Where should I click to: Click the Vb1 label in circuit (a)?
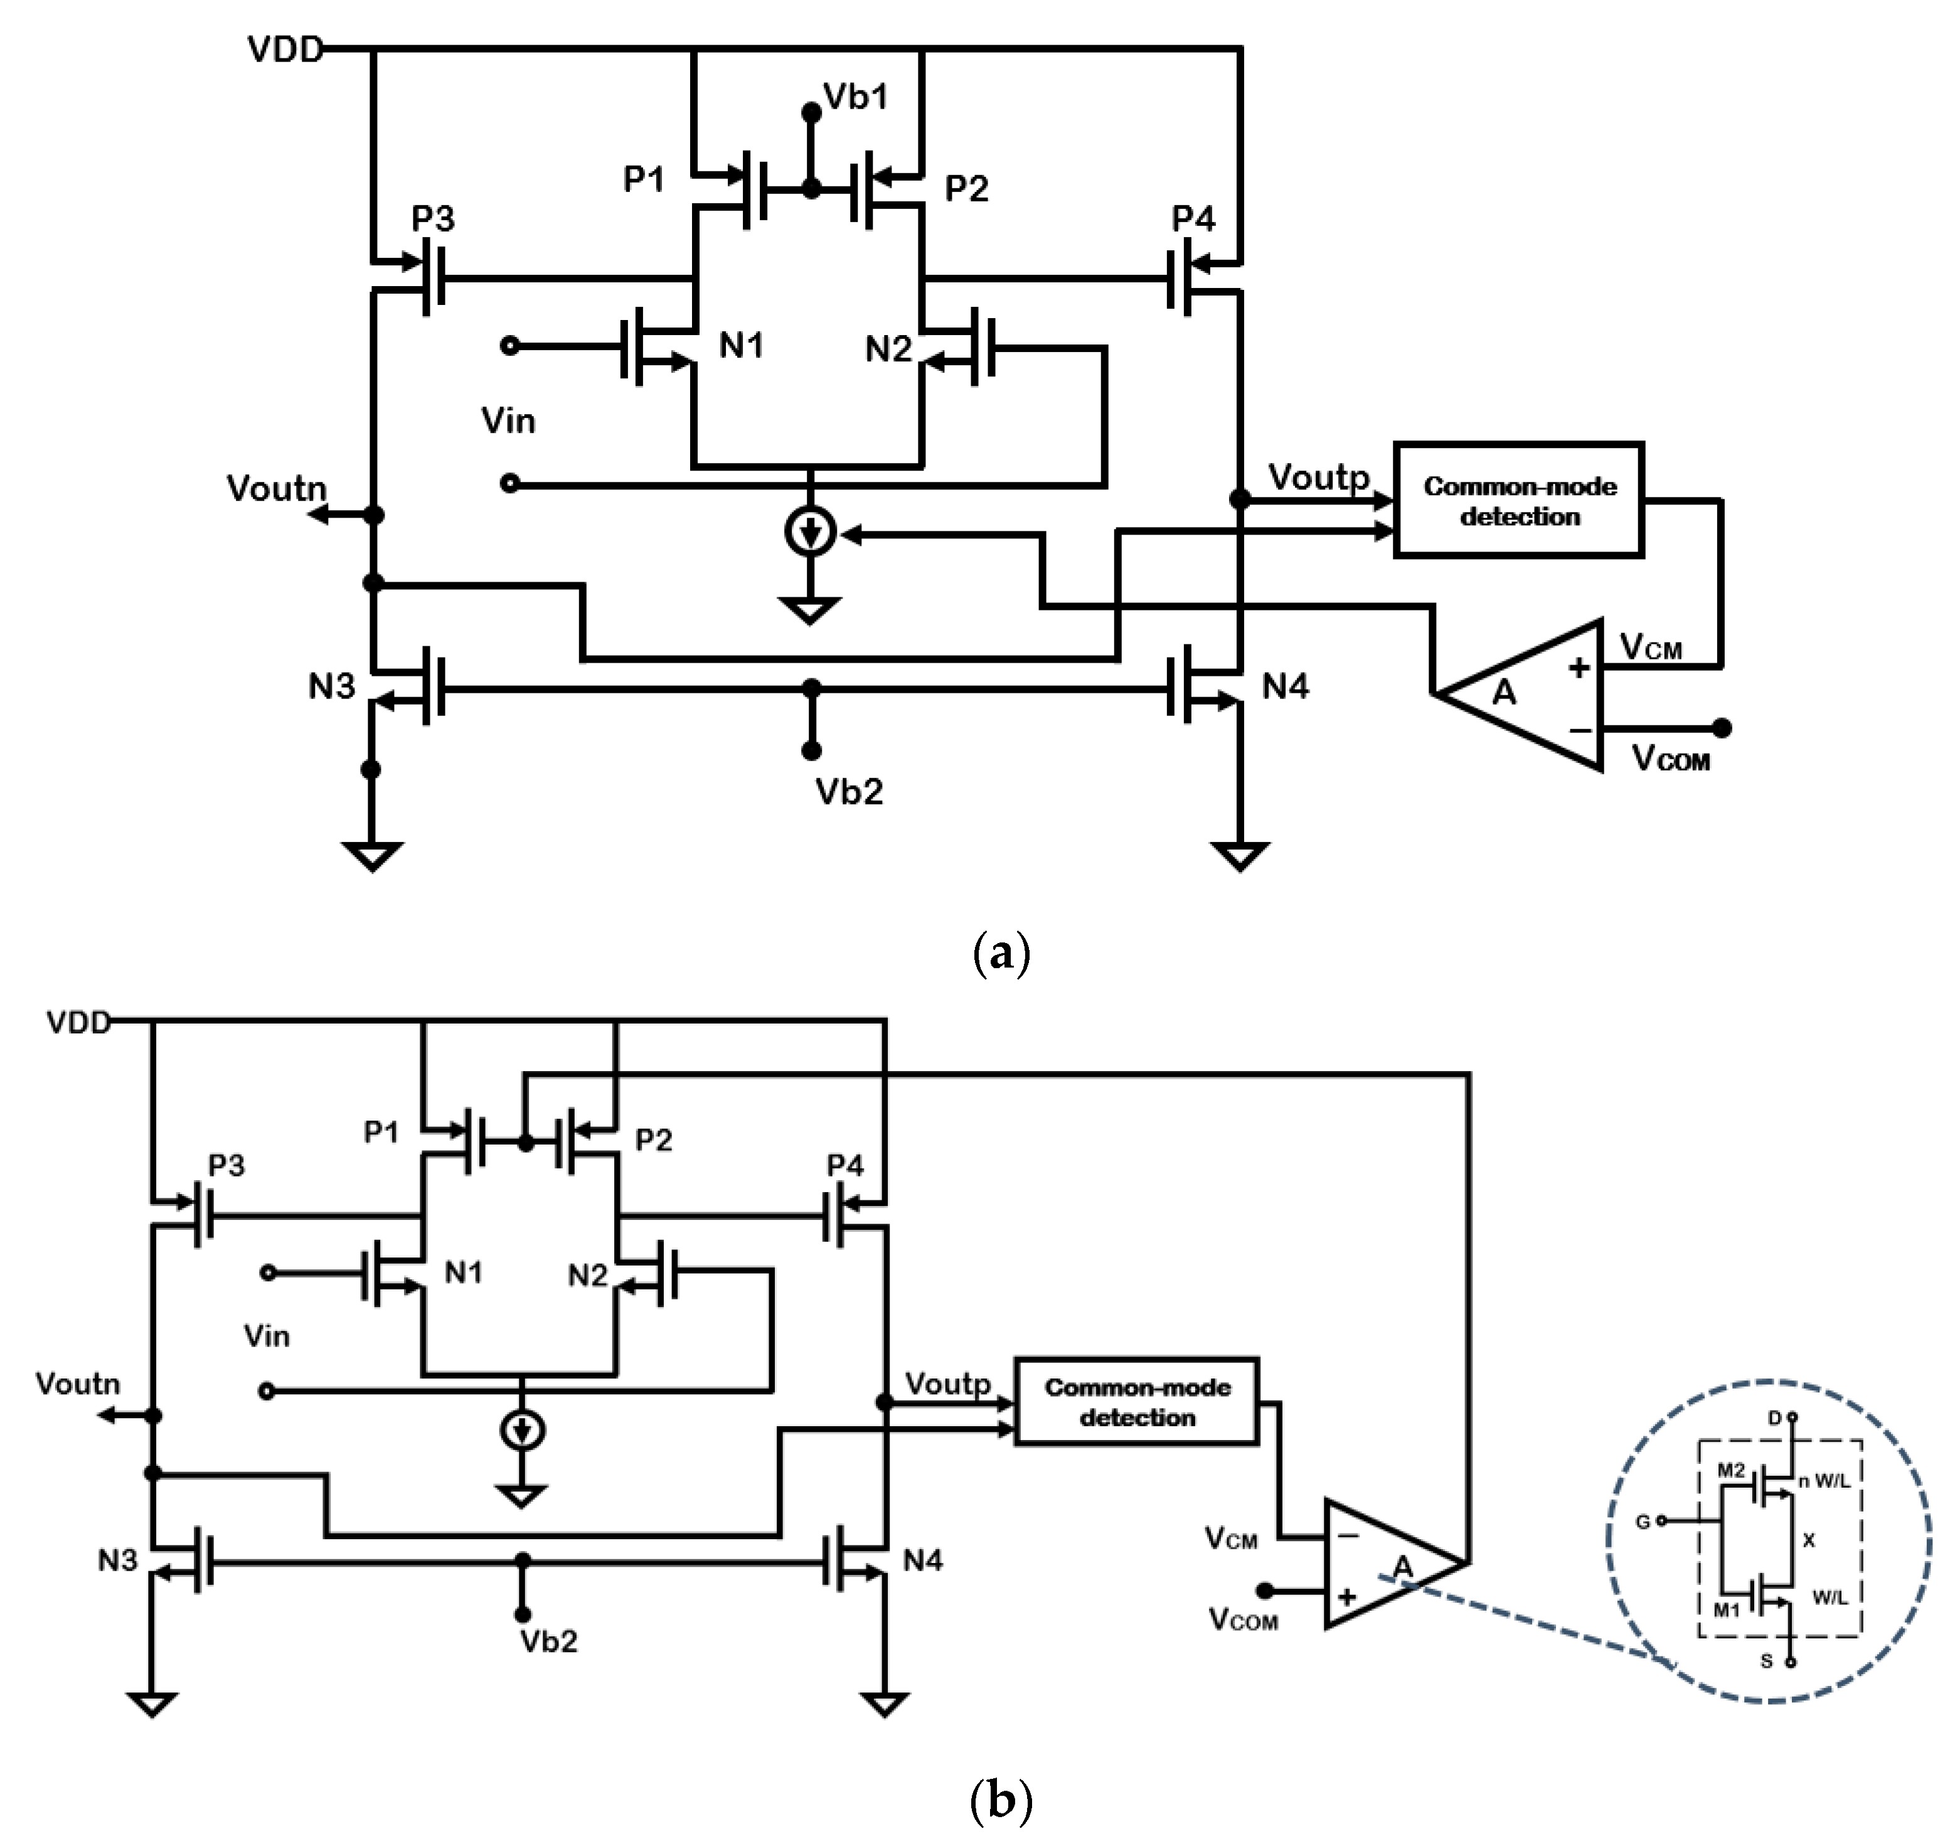[x=854, y=97]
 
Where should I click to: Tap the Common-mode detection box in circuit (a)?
[x=1518, y=500]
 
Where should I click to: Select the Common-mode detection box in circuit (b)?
[x=1136, y=1402]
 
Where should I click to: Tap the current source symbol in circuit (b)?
[x=523, y=1430]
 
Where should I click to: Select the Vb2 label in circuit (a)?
[x=848, y=791]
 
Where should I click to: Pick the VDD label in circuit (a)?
[x=284, y=49]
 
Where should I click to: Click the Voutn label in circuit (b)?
[x=78, y=1384]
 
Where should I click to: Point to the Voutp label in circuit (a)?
[x=1318, y=478]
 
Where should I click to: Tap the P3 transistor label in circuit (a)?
[x=433, y=218]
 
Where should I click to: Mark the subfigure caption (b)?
[x=1001, y=1800]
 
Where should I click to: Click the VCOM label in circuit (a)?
[x=1671, y=758]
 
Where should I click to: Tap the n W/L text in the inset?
[x=1823, y=1481]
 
